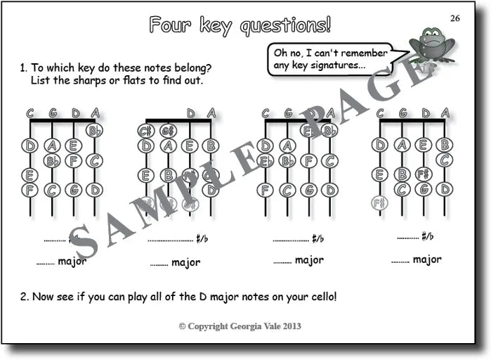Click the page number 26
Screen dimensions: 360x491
(x=455, y=18)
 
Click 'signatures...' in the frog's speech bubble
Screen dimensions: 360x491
(x=332, y=66)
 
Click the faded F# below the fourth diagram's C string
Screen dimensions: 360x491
(x=379, y=203)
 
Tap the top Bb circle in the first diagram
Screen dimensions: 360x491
(x=94, y=130)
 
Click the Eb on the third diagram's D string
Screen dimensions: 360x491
(x=307, y=130)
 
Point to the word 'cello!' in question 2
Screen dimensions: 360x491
(x=321, y=296)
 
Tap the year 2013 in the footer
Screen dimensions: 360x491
(x=292, y=327)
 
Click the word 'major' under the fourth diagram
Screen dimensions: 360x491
(x=427, y=259)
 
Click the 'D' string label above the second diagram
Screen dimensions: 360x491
(x=190, y=112)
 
